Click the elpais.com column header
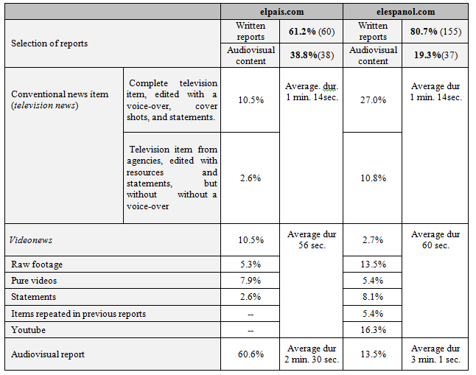tap(281, 12)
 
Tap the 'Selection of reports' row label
tap(49, 43)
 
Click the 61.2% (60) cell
tap(311, 32)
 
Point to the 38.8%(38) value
tap(311, 55)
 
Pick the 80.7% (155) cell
tap(435, 32)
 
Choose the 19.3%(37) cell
tap(435, 55)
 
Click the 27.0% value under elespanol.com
tap(372, 100)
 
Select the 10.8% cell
tap(372, 178)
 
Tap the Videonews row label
tap(32, 239)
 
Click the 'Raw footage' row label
tap(37, 264)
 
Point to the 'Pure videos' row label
tap(34, 280)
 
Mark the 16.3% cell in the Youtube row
tap(372, 330)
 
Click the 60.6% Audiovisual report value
tap(250, 354)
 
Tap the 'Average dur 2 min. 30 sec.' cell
tap(311, 354)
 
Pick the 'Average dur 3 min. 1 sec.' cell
tap(435, 354)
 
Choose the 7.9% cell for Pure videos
tap(250, 280)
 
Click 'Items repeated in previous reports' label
tap(78, 313)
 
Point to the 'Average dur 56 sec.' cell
tap(311, 239)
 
